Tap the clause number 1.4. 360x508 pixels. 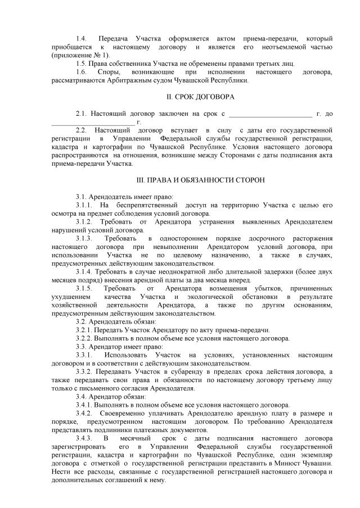(82, 38)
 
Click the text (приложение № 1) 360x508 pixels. (80, 55)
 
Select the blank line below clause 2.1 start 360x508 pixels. (93, 122)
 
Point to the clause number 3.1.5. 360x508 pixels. (85, 288)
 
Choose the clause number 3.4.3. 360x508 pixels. (85, 438)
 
